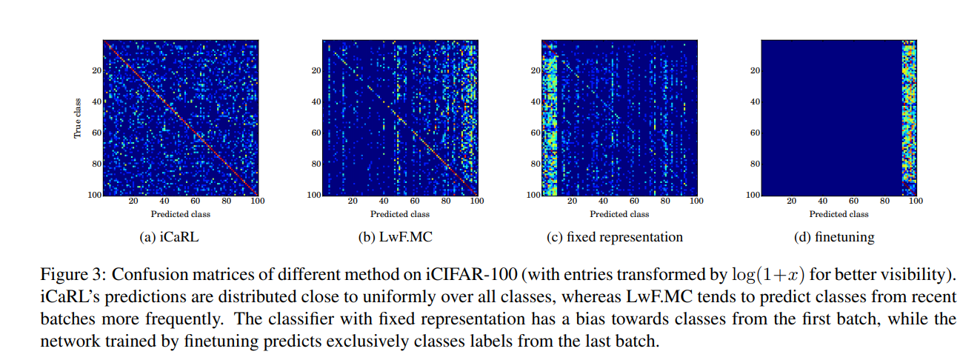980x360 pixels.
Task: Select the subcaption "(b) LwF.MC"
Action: coord(400,237)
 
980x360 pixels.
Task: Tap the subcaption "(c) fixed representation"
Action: coord(619,237)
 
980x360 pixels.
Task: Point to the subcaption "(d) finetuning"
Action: coord(839,237)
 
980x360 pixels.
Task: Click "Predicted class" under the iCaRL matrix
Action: coord(180,214)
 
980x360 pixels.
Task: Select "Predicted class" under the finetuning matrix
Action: coord(839,214)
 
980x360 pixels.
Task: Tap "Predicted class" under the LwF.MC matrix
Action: coord(400,214)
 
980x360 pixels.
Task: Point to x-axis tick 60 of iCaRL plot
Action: coord(196,201)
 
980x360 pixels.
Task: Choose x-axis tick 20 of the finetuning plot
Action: coord(792,201)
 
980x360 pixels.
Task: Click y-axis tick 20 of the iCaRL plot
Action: coord(96,70)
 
